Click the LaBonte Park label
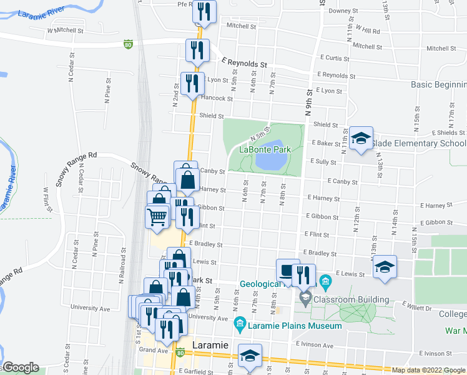pos(270,150)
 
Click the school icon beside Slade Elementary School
pos(361,138)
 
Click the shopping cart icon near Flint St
pos(157,216)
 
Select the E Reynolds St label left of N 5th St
pos(244,64)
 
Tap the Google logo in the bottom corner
pos(20,367)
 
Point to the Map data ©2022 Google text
pos(428,370)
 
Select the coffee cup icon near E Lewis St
pos(287,270)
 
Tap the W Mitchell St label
pos(66,30)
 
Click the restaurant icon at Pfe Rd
pos(204,11)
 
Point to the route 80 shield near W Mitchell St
pos(128,44)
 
